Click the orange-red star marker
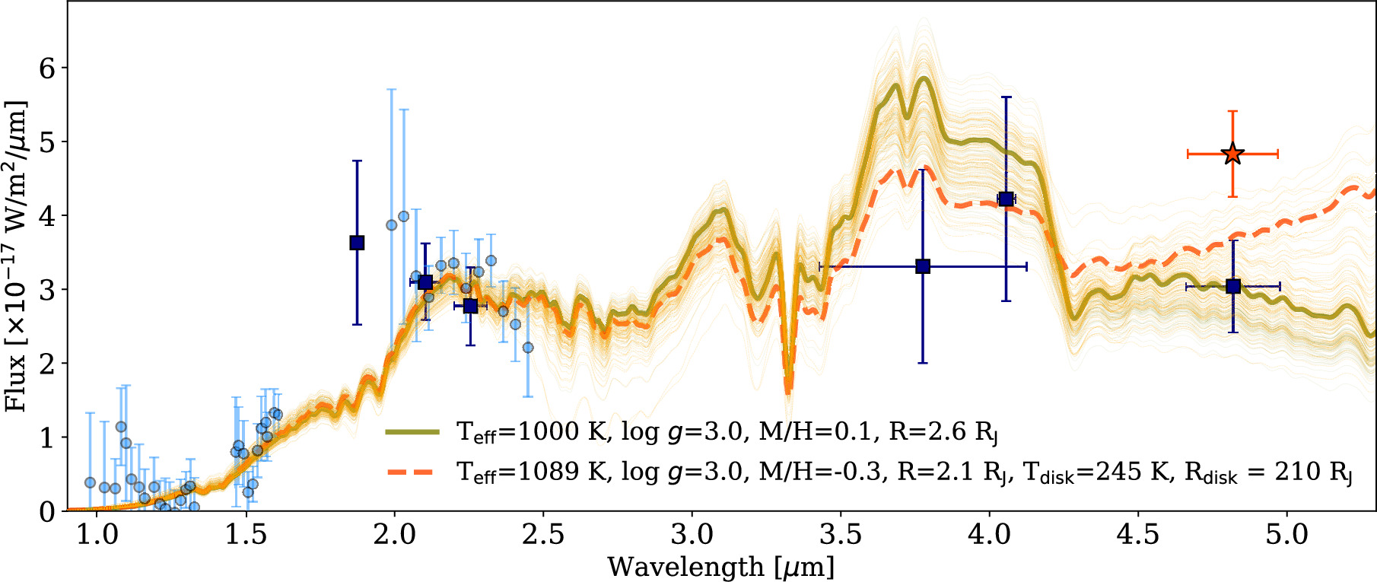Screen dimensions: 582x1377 1232,154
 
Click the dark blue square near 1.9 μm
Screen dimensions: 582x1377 357,243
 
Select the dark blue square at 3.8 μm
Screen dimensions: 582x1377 923,266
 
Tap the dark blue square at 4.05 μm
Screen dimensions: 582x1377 1006,199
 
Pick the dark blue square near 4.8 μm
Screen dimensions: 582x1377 1233,286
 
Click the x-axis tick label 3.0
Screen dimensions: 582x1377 692,534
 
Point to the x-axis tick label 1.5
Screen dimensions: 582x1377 246,534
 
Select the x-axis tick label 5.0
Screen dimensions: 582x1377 1286,534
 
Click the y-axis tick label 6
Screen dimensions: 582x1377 47,68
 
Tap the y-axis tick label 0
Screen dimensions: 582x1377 47,511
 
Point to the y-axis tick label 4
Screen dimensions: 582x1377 47,216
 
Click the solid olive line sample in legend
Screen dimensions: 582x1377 412,432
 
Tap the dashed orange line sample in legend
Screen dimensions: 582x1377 412,472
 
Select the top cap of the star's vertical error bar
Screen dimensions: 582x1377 1232,112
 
